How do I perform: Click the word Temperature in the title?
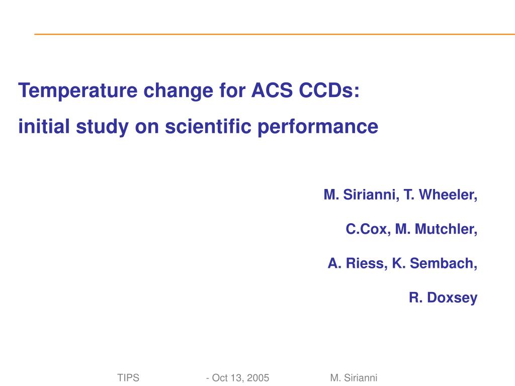tap(78, 90)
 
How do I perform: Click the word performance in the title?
tap(318, 127)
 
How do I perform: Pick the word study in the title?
tap(102, 127)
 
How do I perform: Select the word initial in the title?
tap(44, 126)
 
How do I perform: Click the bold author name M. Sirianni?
tap(361, 195)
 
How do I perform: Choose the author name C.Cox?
tap(368, 229)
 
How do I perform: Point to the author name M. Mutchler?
tap(436, 229)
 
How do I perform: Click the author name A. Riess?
tap(358, 263)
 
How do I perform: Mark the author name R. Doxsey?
tap(443, 298)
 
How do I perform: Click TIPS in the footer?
tap(128, 378)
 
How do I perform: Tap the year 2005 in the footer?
tap(258, 378)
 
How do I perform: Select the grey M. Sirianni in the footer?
tap(354, 378)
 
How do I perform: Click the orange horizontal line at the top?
tap(275, 34)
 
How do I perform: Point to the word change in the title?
tap(179, 91)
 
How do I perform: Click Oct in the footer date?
tap(220, 378)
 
